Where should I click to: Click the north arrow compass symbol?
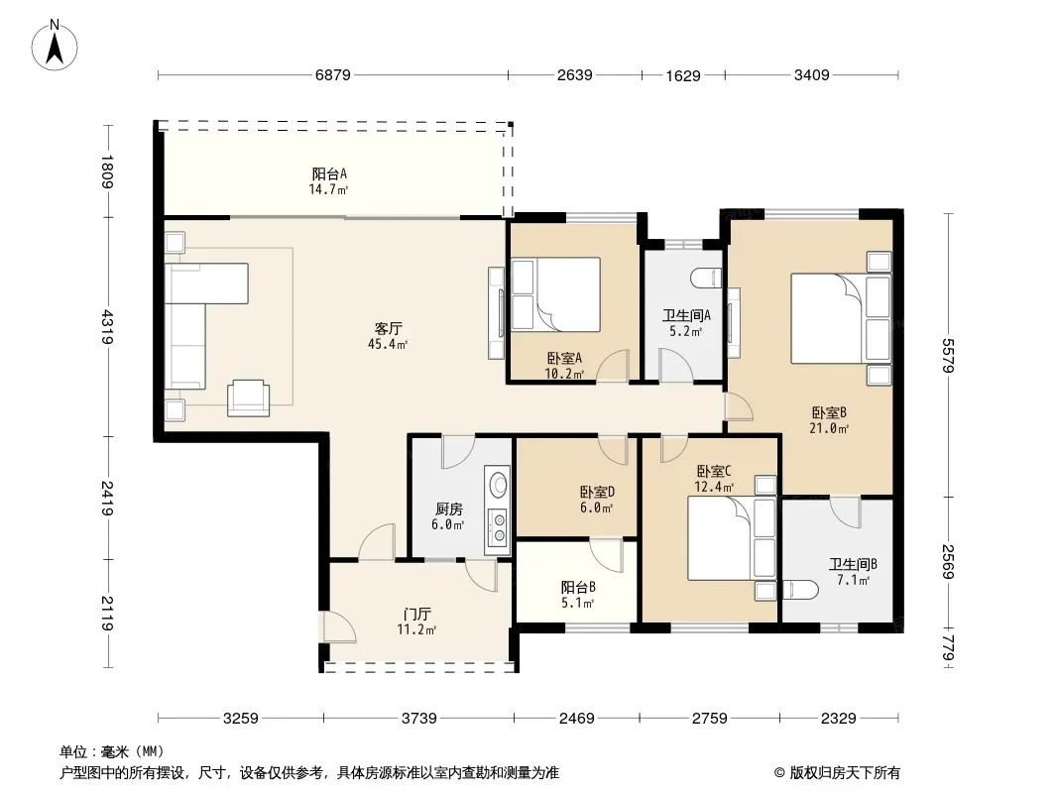pyautogui.click(x=55, y=46)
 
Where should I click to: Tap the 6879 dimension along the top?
pyautogui.click(x=333, y=74)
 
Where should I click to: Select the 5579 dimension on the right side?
pyautogui.click(x=949, y=355)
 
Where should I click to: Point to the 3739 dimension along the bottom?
pyautogui.click(x=419, y=719)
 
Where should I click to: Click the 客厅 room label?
pyautogui.click(x=389, y=329)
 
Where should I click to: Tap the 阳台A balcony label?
pyautogui.click(x=329, y=173)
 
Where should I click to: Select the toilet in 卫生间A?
pyautogui.click(x=707, y=277)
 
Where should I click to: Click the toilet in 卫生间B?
pyautogui.click(x=800, y=590)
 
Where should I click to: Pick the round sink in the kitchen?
pyautogui.click(x=499, y=483)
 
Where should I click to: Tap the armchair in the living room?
pyautogui.click(x=248, y=398)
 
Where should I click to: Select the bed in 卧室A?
pyautogui.click(x=556, y=294)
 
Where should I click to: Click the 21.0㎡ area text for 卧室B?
pyautogui.click(x=829, y=428)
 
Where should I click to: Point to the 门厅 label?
pyautogui.click(x=416, y=615)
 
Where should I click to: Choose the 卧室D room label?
pyautogui.click(x=597, y=493)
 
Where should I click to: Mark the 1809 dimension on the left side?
pyautogui.click(x=107, y=171)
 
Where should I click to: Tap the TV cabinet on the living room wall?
pyautogui.click(x=496, y=313)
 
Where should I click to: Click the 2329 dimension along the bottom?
pyautogui.click(x=839, y=719)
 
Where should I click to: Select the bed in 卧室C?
pyautogui.click(x=732, y=537)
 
